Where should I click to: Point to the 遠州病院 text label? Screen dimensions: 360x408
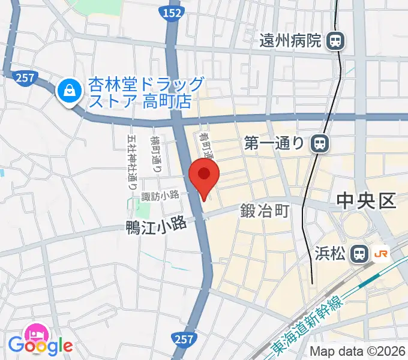coord(291,41)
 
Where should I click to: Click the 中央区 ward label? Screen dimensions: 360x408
coord(366,200)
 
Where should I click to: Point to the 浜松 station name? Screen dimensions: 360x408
coord(330,253)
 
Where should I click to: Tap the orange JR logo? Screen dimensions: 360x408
coord(380,253)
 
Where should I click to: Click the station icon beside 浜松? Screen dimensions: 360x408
coord(360,253)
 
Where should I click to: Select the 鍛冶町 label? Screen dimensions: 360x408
coord(265,211)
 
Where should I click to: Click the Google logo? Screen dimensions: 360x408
coord(40,346)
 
